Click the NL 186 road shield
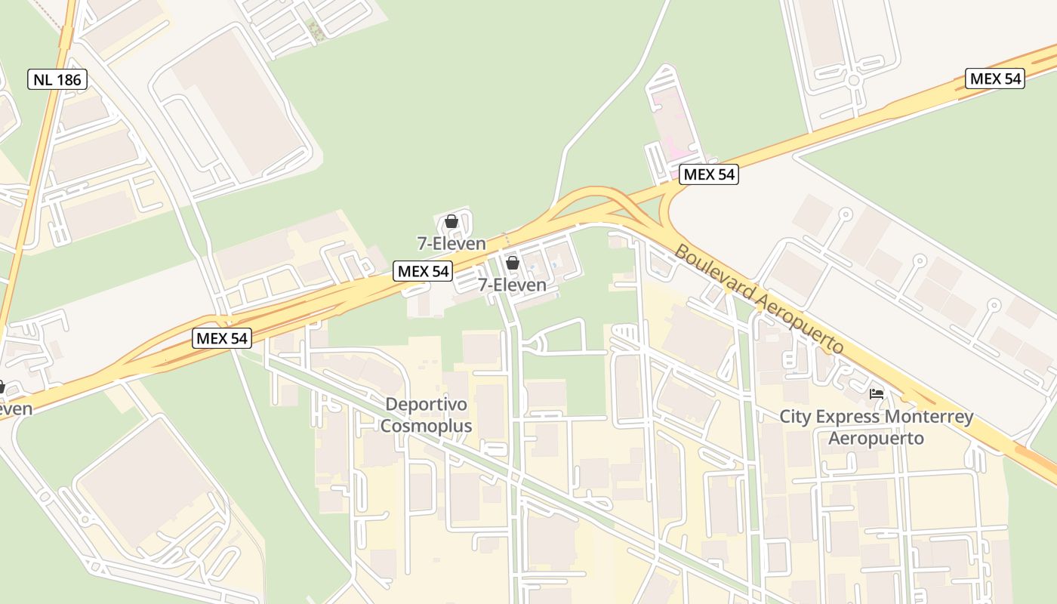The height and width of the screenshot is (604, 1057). click(x=57, y=79)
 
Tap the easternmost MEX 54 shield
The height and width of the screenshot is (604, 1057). click(x=995, y=78)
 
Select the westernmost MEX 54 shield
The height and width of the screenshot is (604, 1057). click(x=222, y=337)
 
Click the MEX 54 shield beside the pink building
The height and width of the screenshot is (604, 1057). click(x=708, y=174)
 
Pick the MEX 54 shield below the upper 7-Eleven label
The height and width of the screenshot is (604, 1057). click(x=423, y=271)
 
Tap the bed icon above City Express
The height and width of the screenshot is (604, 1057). click(x=877, y=394)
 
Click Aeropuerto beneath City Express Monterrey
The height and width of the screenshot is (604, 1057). click(x=876, y=438)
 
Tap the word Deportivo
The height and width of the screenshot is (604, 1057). click(x=426, y=405)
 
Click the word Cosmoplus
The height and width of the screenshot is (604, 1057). click(x=426, y=426)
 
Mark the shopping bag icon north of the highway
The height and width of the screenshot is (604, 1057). click(x=451, y=221)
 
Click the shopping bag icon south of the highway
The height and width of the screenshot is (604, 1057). click(x=512, y=263)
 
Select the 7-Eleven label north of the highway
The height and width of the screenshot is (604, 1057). click(x=451, y=243)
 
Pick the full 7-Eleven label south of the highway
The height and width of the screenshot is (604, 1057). click(x=512, y=285)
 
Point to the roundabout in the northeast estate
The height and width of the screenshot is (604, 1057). click(x=854, y=80)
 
